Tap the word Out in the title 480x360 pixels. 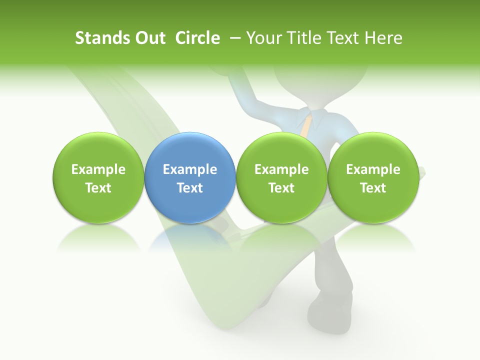[x=148, y=38]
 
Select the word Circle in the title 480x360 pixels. [x=197, y=38]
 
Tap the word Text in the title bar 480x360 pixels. [x=344, y=38]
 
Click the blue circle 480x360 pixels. [x=189, y=177]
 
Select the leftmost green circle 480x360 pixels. [x=98, y=177]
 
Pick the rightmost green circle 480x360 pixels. [x=373, y=177]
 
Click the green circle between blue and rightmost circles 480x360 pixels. [x=281, y=177]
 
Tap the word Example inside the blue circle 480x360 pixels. [x=190, y=169]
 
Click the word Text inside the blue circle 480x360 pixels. [x=190, y=188]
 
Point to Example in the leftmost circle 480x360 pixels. [x=98, y=169]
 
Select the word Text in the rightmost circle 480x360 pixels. [x=373, y=188]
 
